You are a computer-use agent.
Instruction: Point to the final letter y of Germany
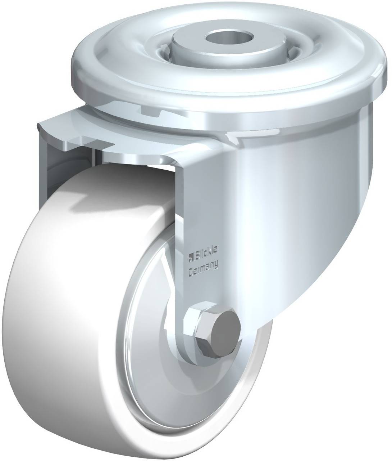pyautogui.click(x=216, y=269)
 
